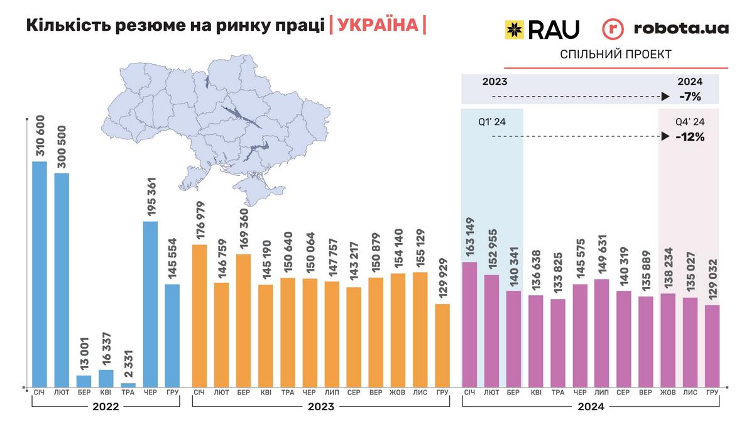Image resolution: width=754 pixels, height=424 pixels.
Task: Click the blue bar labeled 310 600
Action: point(40,273)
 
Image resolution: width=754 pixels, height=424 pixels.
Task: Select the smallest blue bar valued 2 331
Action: point(128,384)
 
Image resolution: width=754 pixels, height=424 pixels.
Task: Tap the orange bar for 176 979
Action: point(199,315)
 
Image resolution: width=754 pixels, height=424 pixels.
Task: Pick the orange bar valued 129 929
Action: point(442,345)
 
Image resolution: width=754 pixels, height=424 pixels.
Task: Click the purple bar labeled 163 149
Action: point(469,323)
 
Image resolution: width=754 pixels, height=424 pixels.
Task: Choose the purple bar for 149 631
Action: point(601,332)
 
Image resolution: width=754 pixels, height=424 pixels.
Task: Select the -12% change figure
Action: point(689,136)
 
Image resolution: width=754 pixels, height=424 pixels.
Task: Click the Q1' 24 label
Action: point(491,122)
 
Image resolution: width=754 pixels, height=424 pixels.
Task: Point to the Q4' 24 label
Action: point(689,122)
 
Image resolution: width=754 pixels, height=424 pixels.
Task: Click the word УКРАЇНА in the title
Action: point(377,25)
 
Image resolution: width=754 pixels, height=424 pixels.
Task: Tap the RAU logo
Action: point(542,29)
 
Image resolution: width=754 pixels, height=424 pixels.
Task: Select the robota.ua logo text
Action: point(681,28)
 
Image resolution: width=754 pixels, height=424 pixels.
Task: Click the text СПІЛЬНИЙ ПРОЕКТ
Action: point(616,55)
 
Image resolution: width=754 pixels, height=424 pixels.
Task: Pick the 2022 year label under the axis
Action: point(106,406)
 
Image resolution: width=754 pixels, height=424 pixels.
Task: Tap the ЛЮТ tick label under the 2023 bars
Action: point(221,393)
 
